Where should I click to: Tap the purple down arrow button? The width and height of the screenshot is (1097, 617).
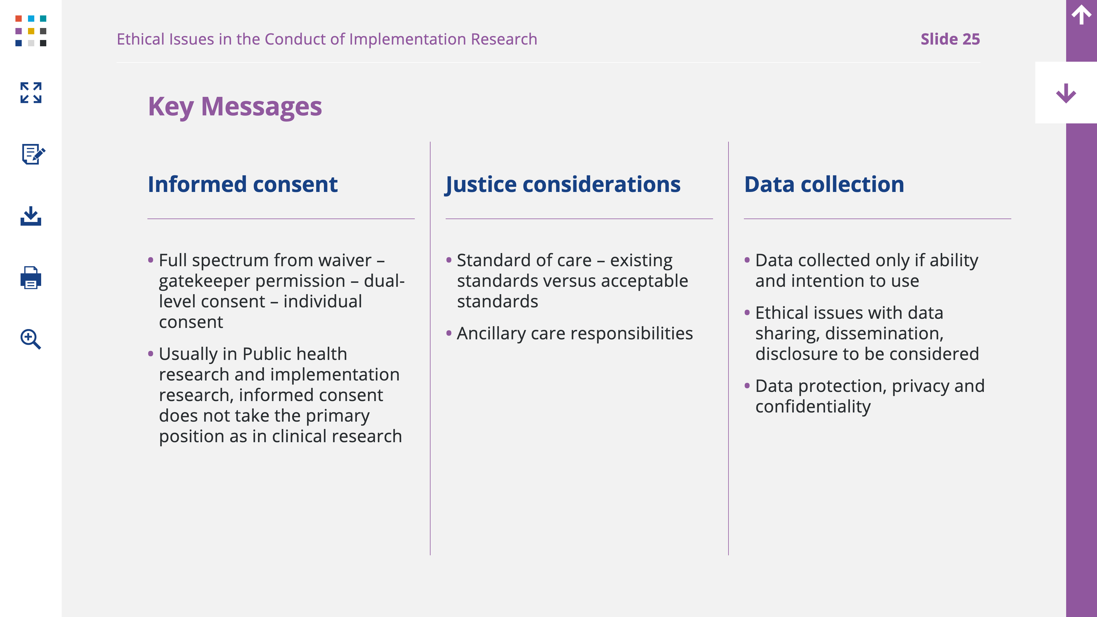(x=1066, y=93)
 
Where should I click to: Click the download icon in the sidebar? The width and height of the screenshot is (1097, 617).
(x=31, y=216)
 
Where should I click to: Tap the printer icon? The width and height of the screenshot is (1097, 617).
(x=31, y=278)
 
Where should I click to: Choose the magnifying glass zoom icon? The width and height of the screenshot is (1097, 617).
(x=31, y=339)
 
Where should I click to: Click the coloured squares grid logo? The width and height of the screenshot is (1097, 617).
(x=31, y=31)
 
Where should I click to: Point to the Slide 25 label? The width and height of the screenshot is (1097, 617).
(x=950, y=39)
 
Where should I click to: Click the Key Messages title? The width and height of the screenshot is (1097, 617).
(x=235, y=107)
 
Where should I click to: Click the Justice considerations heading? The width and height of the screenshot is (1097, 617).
(x=562, y=185)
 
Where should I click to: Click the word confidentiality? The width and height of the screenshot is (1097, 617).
(x=813, y=407)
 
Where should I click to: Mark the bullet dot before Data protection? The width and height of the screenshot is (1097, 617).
(x=747, y=386)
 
